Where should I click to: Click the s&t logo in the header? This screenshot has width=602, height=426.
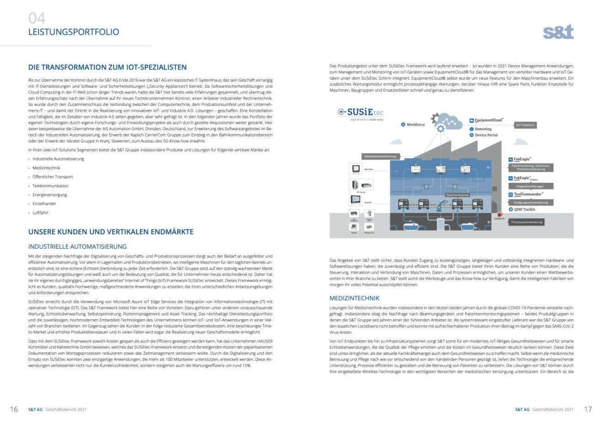(558, 32)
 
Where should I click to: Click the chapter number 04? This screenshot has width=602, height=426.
(37, 18)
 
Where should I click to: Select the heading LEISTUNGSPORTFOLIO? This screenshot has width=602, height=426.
(74, 32)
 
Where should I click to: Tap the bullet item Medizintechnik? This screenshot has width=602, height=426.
(46, 168)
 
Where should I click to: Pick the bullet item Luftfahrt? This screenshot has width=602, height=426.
(40, 213)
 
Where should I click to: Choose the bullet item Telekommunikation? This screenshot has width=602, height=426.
(50, 186)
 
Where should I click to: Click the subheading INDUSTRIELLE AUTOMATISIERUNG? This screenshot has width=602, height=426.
(77, 246)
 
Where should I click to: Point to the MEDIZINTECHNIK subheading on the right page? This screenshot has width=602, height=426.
(354, 298)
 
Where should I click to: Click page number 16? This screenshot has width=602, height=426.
(14, 409)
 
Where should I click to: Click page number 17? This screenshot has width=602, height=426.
(588, 409)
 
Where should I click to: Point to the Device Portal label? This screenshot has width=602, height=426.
(486, 135)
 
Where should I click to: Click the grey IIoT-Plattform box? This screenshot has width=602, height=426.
(525, 125)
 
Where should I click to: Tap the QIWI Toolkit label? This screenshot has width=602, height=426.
(524, 209)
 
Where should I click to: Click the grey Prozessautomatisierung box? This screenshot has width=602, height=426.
(527, 222)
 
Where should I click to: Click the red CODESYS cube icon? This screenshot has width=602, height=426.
(499, 214)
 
